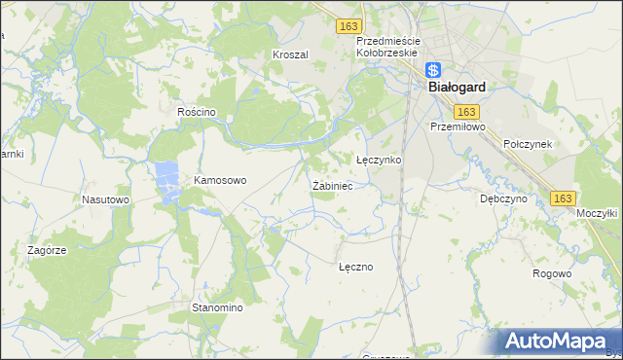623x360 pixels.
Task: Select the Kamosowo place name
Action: point(221,180)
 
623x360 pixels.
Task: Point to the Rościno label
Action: point(196,112)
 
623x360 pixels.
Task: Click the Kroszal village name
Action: point(290,55)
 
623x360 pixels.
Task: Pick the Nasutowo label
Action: point(105,199)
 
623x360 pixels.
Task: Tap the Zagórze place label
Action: point(47,250)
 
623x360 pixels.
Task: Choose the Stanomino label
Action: point(216,307)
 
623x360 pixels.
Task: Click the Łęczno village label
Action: point(355,266)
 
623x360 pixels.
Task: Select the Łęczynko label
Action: point(379,160)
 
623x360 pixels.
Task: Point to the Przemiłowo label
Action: point(458,126)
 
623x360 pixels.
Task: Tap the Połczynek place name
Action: point(528,144)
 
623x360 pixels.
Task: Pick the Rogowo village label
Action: point(552,273)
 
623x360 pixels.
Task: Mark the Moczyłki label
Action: point(598,212)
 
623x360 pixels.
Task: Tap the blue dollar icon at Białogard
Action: point(435,70)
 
